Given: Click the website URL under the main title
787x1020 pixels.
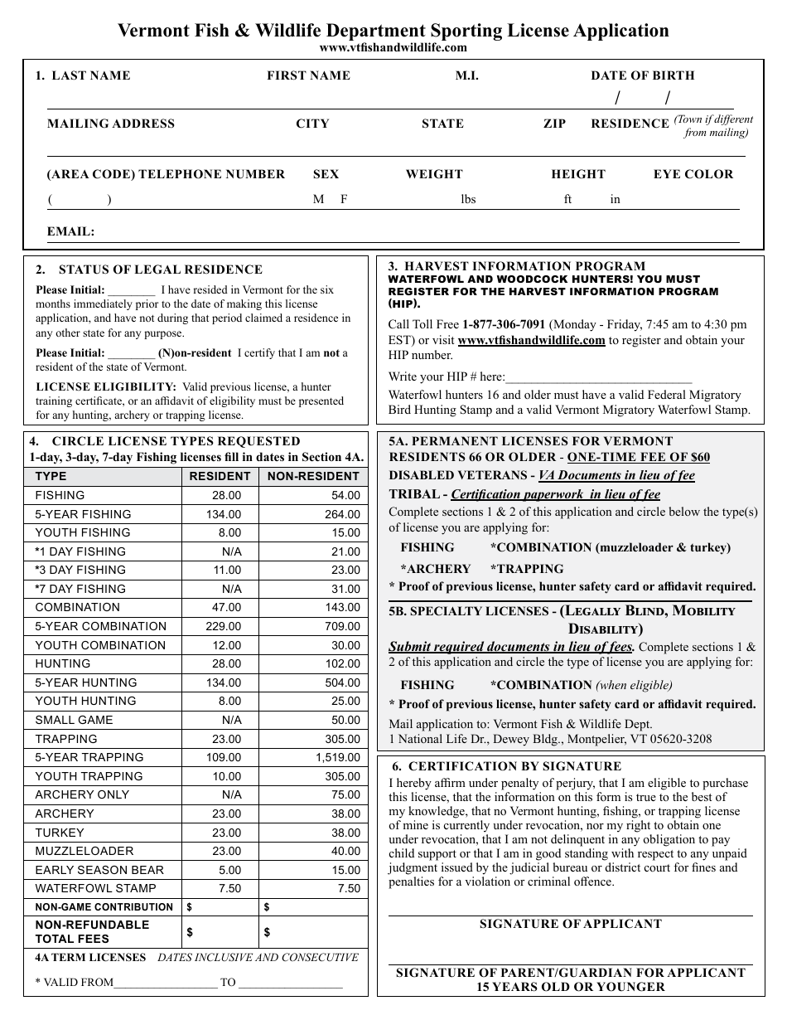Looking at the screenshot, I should click(x=393, y=48).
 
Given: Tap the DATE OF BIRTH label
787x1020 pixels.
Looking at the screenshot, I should click(x=642, y=75).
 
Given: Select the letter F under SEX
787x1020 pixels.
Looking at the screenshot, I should click(x=344, y=200).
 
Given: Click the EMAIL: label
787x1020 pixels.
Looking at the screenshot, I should click(x=70, y=232).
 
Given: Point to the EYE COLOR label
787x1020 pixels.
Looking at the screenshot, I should click(x=693, y=174).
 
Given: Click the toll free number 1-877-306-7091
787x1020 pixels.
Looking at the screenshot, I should click(x=503, y=324).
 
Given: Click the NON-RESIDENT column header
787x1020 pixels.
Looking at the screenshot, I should click(x=313, y=476).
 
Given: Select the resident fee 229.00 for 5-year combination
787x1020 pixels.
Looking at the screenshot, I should click(x=225, y=626).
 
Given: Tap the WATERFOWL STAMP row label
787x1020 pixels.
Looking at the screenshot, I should click(x=84, y=888).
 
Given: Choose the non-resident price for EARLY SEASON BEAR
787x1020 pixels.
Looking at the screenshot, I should click(x=345, y=870).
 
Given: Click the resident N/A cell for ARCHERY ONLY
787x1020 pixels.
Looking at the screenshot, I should click(x=231, y=794).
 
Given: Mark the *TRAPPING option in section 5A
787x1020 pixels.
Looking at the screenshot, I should click(x=526, y=569).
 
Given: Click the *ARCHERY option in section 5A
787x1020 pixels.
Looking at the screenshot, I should click(x=435, y=569).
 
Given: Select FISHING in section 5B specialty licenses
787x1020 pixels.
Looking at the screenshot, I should click(x=427, y=685).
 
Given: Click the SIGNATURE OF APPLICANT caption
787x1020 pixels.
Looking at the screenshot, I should click(x=570, y=924).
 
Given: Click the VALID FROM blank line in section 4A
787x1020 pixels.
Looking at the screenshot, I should click(x=166, y=984).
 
